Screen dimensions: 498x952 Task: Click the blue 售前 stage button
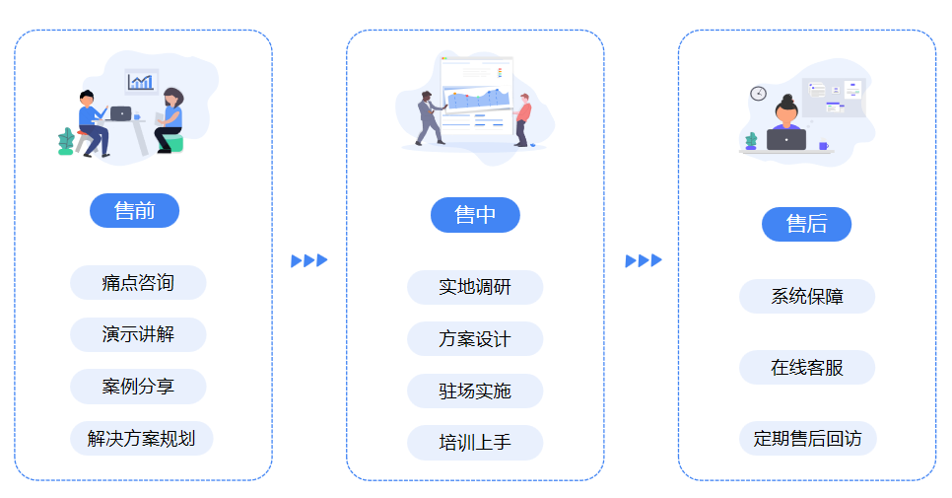coord(134,211)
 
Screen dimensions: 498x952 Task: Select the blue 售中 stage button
coord(475,215)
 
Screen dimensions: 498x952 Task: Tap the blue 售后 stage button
coord(806,224)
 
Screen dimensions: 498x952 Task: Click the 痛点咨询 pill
coord(138,283)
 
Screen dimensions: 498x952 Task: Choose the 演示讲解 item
coord(138,334)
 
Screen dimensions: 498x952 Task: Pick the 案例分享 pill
coord(138,387)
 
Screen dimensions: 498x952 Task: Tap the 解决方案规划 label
coord(141,439)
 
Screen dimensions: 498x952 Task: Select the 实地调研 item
coord(475,287)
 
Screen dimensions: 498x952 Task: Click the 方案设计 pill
coord(475,339)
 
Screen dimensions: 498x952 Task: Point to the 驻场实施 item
coord(475,391)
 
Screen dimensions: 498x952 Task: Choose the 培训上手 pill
coord(475,443)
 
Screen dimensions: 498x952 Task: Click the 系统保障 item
coord(807,296)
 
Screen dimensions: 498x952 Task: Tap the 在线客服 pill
coord(807,368)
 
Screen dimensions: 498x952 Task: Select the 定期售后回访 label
coord(807,439)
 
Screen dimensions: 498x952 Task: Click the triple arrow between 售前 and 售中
coord(309,260)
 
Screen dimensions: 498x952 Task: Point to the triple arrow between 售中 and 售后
coord(644,260)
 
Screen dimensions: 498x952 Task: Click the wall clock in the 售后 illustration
coord(758,93)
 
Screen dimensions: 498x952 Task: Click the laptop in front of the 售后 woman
coord(785,140)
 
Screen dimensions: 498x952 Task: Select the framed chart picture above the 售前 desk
coord(142,82)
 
